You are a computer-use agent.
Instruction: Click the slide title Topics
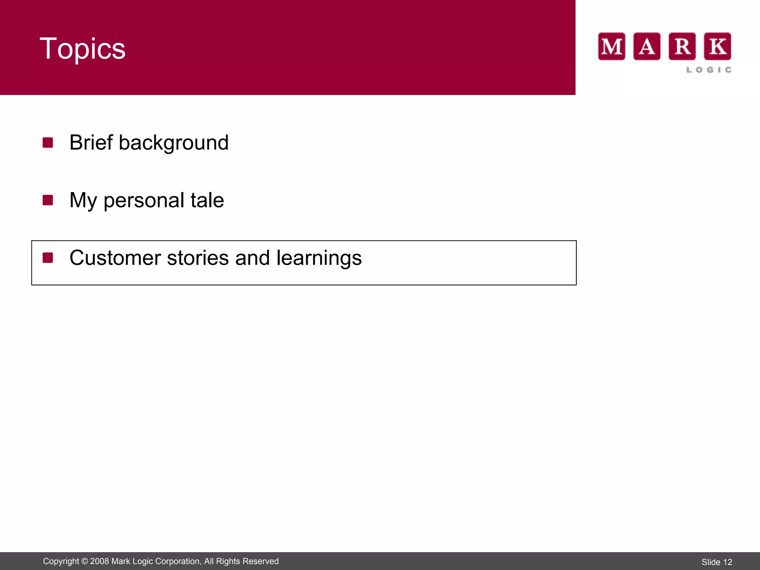pos(82,49)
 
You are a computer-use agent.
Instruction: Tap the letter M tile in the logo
pos(612,46)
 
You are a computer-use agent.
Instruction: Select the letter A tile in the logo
pos(647,46)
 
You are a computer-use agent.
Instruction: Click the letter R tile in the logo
pos(682,46)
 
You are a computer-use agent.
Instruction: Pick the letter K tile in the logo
pos(717,46)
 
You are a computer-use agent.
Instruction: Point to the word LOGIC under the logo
pos(709,70)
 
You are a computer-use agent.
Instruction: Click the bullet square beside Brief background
pos(48,142)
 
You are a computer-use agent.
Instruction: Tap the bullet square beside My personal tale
pos(48,200)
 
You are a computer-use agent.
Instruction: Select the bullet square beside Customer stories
pos(48,258)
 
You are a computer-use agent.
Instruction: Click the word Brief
pos(91,142)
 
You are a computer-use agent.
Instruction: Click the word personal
pos(144,201)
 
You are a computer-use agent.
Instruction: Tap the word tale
pos(207,200)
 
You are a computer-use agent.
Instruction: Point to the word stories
pos(197,258)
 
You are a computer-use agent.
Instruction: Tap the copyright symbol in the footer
pos(85,561)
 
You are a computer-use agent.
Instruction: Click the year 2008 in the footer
pos(99,561)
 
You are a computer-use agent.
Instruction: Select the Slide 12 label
pos(717,562)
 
